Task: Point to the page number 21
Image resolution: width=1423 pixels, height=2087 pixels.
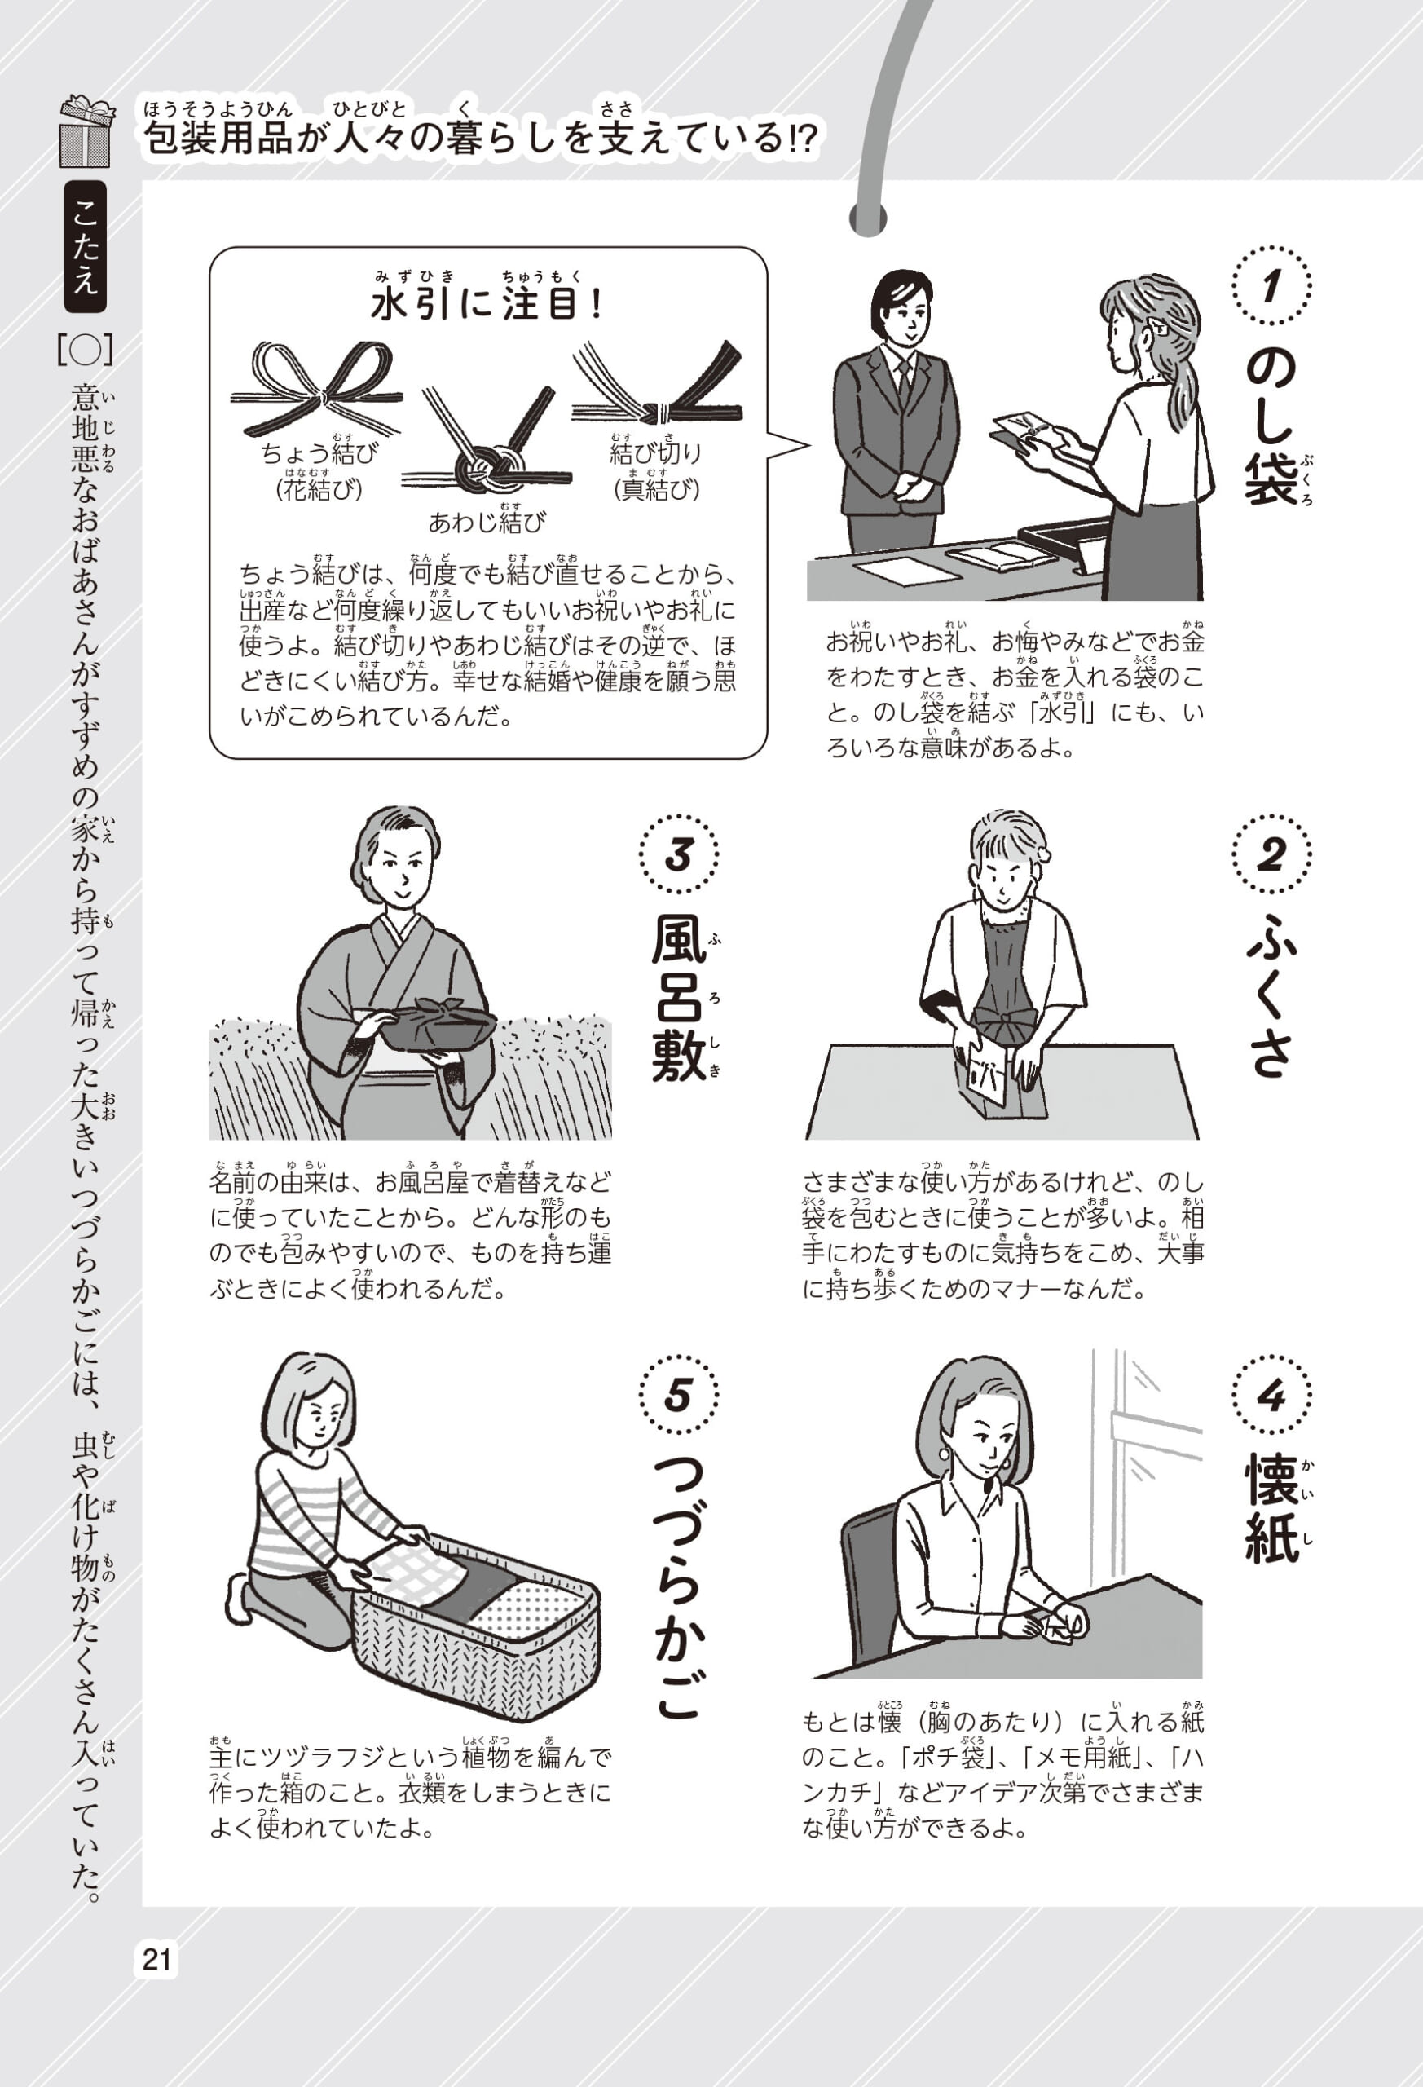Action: (157, 1958)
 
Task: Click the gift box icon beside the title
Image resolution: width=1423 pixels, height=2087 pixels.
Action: (86, 132)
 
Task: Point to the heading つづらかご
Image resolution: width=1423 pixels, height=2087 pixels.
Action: (679, 1590)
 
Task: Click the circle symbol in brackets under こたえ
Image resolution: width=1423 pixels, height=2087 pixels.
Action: (86, 351)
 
